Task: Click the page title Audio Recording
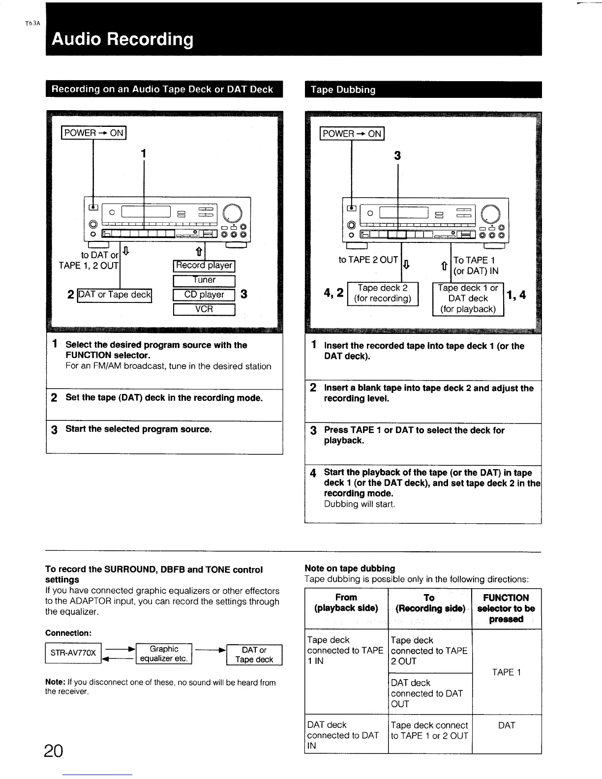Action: tap(122, 39)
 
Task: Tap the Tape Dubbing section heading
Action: tap(343, 90)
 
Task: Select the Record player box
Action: tap(204, 266)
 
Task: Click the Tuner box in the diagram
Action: tap(204, 280)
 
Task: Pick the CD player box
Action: tap(204, 295)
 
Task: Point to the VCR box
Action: tap(204, 309)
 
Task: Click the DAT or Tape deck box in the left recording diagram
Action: tap(115, 295)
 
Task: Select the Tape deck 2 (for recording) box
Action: tap(383, 294)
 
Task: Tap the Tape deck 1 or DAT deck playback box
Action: tap(468, 299)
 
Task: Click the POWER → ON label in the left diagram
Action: tap(94, 133)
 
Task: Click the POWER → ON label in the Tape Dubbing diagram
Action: tap(352, 134)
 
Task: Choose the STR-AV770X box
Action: tap(73, 654)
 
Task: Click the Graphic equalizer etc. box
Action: tap(164, 654)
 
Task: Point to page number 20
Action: tap(53, 751)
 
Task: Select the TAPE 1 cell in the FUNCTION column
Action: tap(506, 672)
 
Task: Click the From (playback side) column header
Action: tap(346, 603)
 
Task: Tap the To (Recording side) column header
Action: tap(429, 603)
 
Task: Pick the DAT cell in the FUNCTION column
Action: tap(506, 725)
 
